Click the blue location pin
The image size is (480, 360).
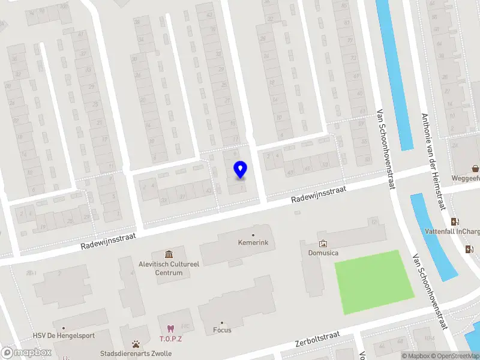click(240, 169)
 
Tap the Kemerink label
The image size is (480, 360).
click(253, 243)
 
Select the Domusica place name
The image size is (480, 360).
click(323, 253)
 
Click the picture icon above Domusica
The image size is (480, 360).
click(323, 244)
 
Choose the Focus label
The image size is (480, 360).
click(222, 330)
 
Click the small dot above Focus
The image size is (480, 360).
click(222, 322)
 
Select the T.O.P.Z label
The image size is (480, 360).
click(170, 338)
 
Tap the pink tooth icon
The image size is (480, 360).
click(170, 328)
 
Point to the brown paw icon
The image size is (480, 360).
click(137, 344)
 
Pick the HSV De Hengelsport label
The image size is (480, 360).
click(64, 335)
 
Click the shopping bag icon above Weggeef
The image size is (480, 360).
click(475, 169)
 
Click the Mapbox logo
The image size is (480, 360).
click(26, 352)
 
